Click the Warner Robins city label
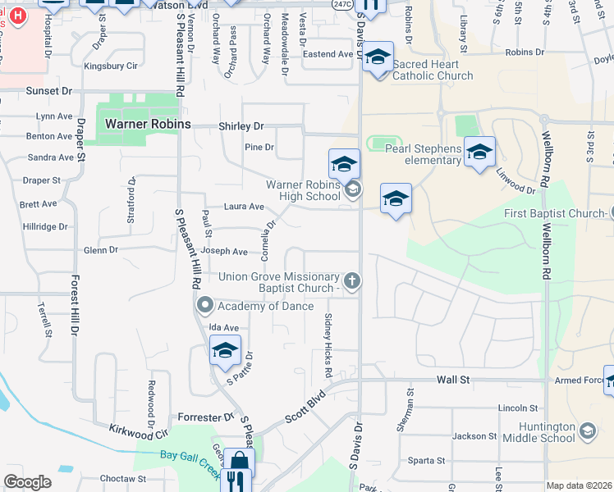click(148, 124)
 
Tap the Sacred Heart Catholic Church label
click(433, 70)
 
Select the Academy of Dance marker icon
click(205, 306)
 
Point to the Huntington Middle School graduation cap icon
click(587, 430)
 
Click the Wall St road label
click(452, 380)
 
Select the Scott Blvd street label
click(305, 407)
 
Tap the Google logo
click(27, 482)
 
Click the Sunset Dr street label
click(49, 91)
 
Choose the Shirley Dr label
click(241, 126)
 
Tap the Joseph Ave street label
click(224, 252)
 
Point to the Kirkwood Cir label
click(139, 432)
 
